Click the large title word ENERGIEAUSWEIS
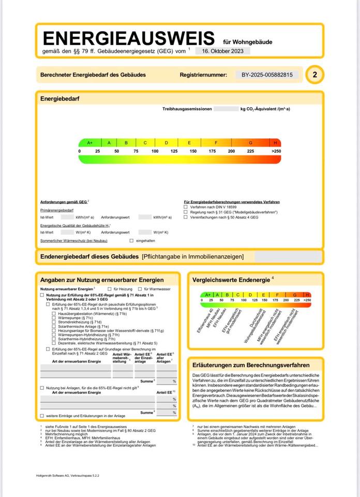[x=128, y=38]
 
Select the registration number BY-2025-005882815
[x=267, y=75]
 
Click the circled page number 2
[x=314, y=75]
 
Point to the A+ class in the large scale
[x=89, y=142]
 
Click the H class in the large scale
[x=275, y=142]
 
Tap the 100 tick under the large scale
[x=155, y=151]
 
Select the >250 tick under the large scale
[x=276, y=151]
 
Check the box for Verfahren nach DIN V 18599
[x=186, y=207]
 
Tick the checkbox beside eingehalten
[x=131, y=241]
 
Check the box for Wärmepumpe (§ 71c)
[x=53, y=318]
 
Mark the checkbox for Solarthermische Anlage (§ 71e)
[x=53, y=327]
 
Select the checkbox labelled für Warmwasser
[x=140, y=288]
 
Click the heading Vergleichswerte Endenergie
[x=231, y=280]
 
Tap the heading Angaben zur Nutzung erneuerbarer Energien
[x=102, y=280]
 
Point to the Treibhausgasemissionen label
[x=187, y=109]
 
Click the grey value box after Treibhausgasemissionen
[x=225, y=109]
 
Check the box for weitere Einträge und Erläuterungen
[x=42, y=416]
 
